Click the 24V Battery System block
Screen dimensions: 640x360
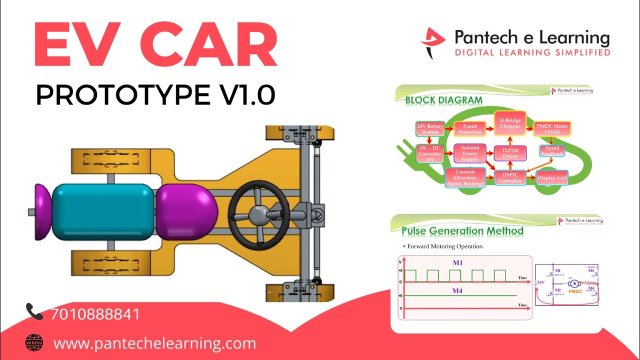pyautogui.click(x=430, y=129)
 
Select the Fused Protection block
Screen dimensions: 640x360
pyautogui.click(x=470, y=129)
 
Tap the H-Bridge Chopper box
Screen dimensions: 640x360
pyautogui.click(x=510, y=123)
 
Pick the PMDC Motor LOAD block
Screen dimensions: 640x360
pyautogui.click(x=552, y=129)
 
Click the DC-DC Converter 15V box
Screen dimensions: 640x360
pyautogui.click(x=430, y=153)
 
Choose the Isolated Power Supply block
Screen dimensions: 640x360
pyautogui.click(x=470, y=153)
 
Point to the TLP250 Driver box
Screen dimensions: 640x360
pyautogui.click(x=510, y=153)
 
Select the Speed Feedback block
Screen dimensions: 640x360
pyautogui.click(x=552, y=150)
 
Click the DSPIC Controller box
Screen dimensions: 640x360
pyautogui.click(x=510, y=177)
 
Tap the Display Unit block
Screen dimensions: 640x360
pyautogui.click(x=552, y=177)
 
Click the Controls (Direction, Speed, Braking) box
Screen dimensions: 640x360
pyautogui.click(x=465, y=177)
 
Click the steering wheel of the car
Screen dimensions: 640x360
pyautogui.click(x=258, y=214)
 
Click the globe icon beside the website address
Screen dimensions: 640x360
pyautogui.click(x=34, y=343)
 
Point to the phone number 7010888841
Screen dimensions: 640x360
pyautogui.click(x=95, y=314)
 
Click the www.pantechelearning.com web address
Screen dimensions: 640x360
pyautogui.click(x=154, y=344)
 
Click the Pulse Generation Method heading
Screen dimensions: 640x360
pyautogui.click(x=462, y=231)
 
